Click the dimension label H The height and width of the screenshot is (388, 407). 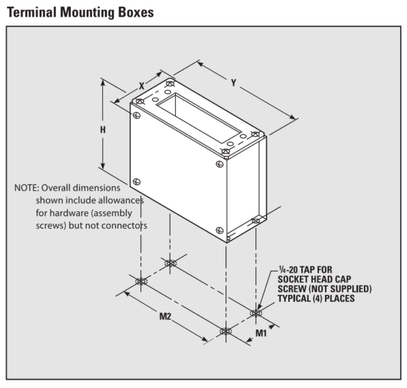(103, 130)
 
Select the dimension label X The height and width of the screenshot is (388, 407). (142, 86)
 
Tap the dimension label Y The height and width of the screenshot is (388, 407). (234, 82)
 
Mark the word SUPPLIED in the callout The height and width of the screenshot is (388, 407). (349, 289)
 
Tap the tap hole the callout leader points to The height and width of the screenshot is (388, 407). (255, 313)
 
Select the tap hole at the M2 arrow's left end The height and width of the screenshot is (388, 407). (141, 281)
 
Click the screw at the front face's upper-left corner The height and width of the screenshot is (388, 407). (136, 115)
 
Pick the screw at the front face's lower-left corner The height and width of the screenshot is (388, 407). (137, 182)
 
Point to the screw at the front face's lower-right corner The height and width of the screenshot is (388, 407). (220, 230)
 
